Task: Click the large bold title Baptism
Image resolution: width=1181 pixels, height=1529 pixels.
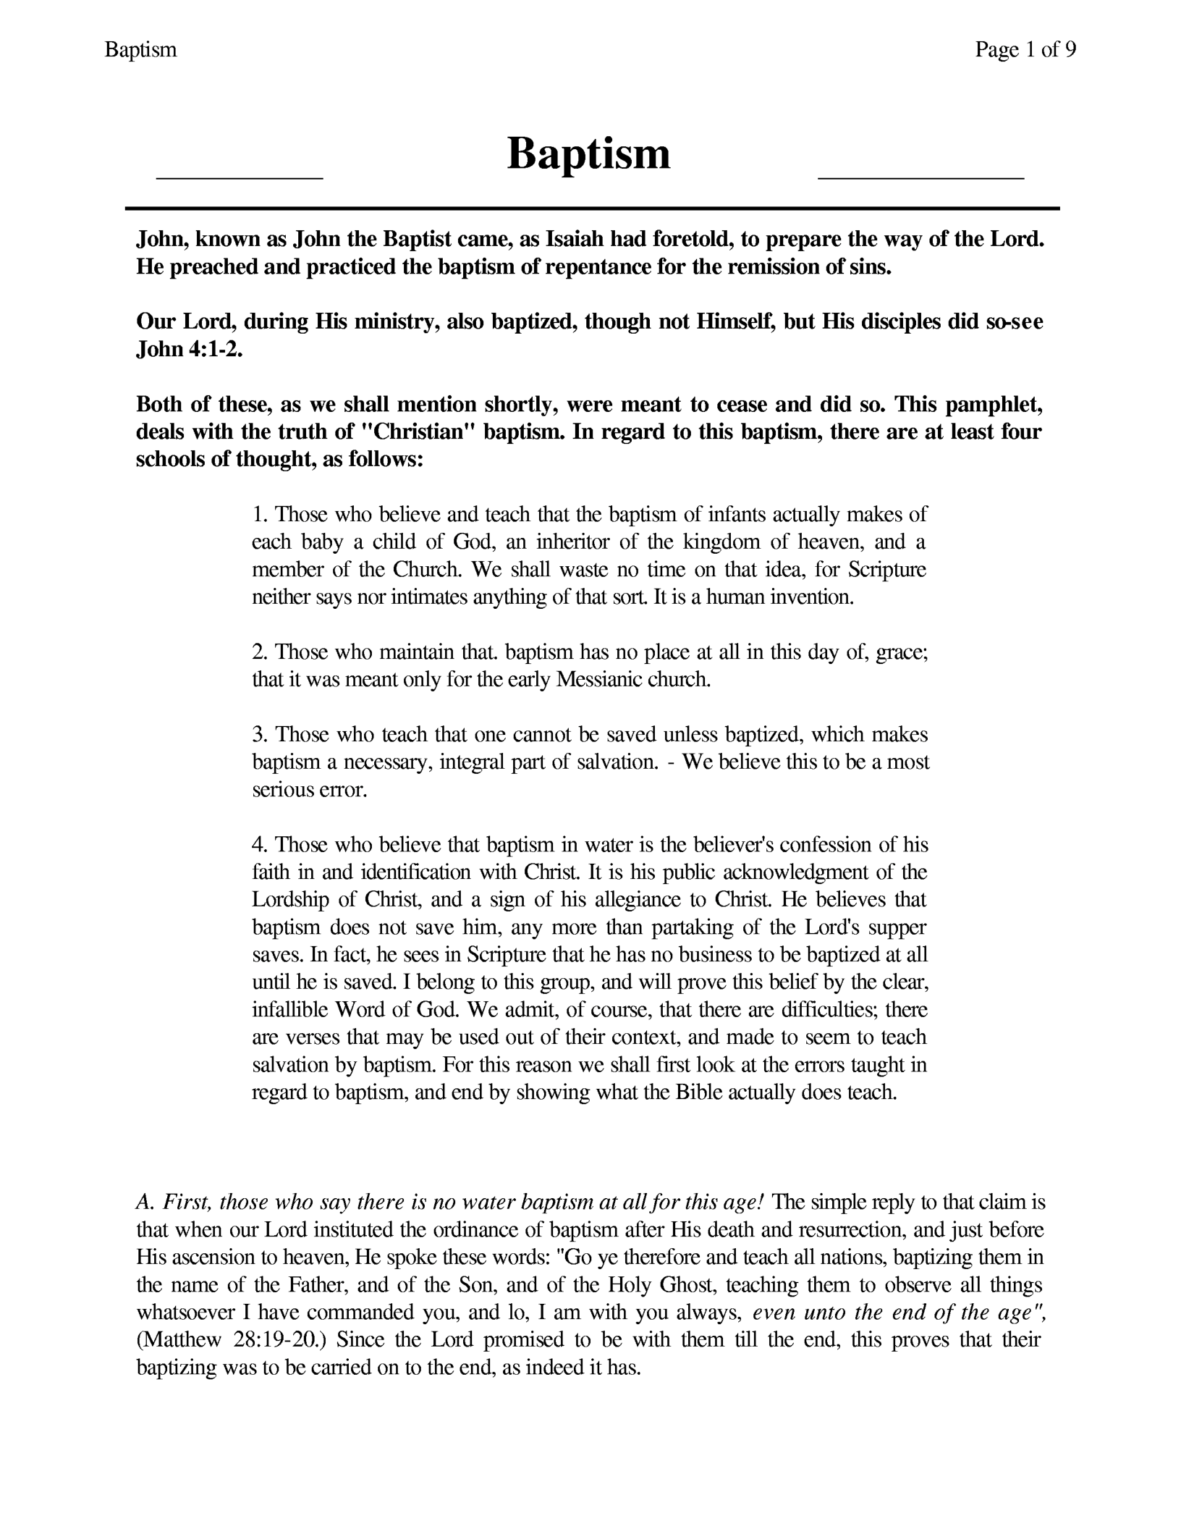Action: point(588,154)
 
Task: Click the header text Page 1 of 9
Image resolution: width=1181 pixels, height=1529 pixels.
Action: point(1025,49)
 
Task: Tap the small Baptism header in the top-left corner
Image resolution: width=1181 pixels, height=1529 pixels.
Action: point(141,49)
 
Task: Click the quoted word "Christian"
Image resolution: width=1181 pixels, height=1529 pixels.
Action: point(418,431)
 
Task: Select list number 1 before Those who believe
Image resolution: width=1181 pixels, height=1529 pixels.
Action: point(260,515)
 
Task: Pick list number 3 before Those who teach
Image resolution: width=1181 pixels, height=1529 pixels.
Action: point(260,735)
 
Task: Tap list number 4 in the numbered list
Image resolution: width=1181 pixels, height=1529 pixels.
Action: point(260,845)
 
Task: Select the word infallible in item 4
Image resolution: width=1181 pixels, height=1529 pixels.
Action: point(289,1009)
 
